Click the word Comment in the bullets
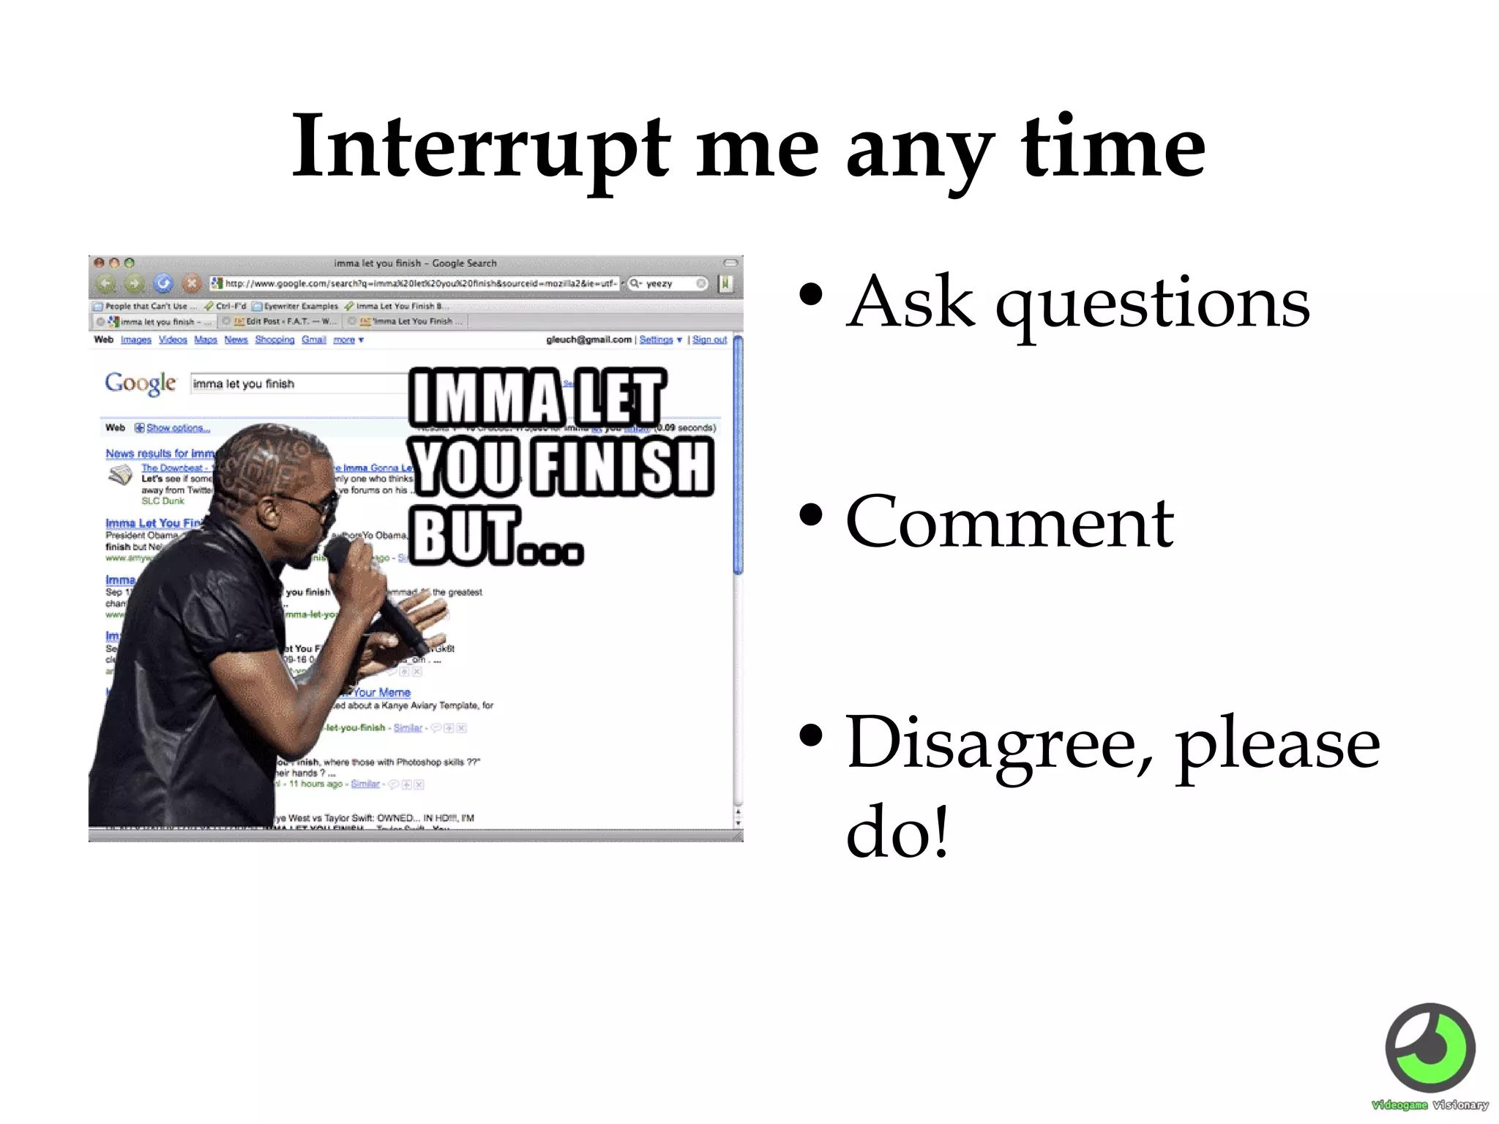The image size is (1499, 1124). [x=1009, y=522]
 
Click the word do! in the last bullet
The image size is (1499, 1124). [x=897, y=832]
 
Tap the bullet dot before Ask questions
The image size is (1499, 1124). [x=810, y=294]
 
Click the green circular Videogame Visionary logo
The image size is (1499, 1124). [x=1429, y=1048]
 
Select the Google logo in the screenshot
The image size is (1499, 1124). [x=140, y=383]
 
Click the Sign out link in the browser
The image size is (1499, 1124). [x=709, y=340]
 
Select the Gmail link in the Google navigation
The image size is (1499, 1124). [x=313, y=340]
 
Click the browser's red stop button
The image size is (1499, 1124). [x=191, y=283]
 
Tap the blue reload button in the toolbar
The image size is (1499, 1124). [x=162, y=283]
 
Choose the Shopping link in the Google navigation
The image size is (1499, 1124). [x=274, y=340]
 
